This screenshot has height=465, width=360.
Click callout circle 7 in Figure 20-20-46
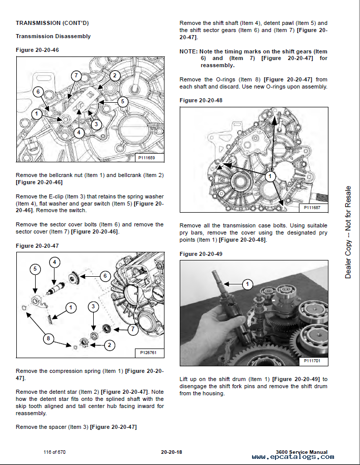75,76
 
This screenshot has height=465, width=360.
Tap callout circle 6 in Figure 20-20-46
37,92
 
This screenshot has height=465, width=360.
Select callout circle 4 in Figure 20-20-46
78,132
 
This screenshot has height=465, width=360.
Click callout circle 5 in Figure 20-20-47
35,269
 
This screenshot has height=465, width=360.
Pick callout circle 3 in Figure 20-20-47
93,307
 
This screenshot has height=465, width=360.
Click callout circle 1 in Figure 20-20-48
270,177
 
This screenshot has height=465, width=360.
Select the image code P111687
314,207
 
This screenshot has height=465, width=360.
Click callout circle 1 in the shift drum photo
247,284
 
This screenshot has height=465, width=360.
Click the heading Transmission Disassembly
53,37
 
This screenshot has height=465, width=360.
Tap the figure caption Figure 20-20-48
201,100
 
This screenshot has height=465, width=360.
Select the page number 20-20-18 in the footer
172,452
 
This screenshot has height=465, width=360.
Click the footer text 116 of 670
55,452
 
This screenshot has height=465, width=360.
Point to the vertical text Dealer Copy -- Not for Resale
348,232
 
